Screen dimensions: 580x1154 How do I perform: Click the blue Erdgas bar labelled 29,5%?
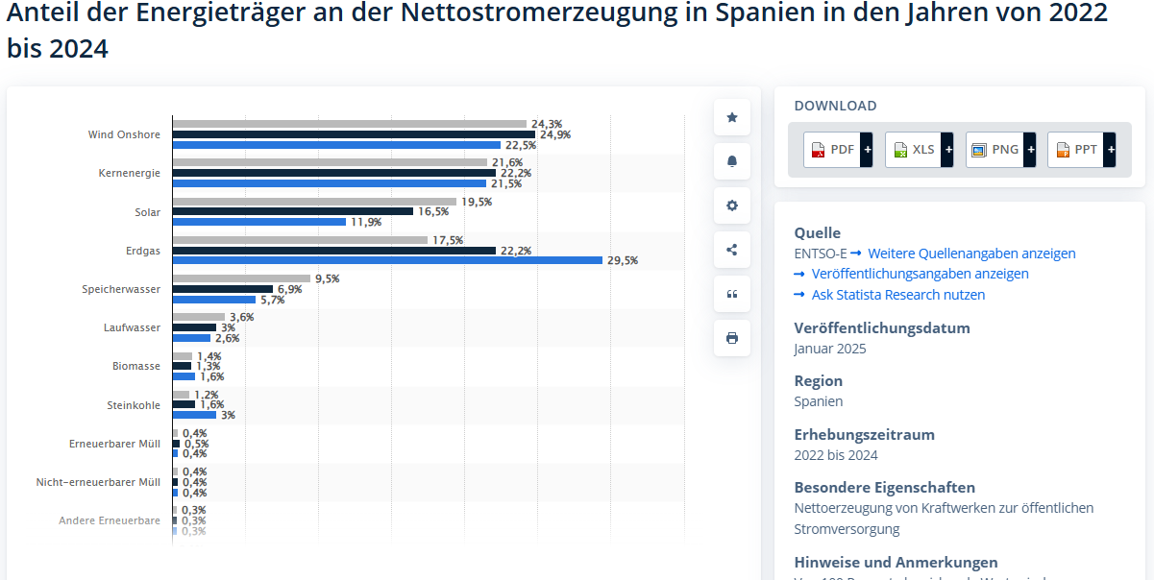(x=387, y=260)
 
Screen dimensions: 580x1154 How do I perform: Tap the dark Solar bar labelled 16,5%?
(x=293, y=211)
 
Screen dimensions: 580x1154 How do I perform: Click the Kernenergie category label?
(x=130, y=174)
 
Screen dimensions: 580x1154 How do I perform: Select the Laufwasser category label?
(x=133, y=327)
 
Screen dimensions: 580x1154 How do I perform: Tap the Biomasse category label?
(x=136, y=366)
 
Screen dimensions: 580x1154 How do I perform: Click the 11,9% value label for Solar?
(x=366, y=222)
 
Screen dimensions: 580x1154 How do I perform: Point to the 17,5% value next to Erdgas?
(x=448, y=240)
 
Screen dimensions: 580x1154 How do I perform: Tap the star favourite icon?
(x=732, y=117)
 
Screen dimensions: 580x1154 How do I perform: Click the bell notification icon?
(x=732, y=161)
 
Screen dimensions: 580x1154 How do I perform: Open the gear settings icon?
(x=732, y=205)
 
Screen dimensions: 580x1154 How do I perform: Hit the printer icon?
(x=732, y=338)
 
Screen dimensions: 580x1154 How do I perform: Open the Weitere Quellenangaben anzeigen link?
(x=971, y=254)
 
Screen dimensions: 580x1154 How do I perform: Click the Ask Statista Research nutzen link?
(x=897, y=295)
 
